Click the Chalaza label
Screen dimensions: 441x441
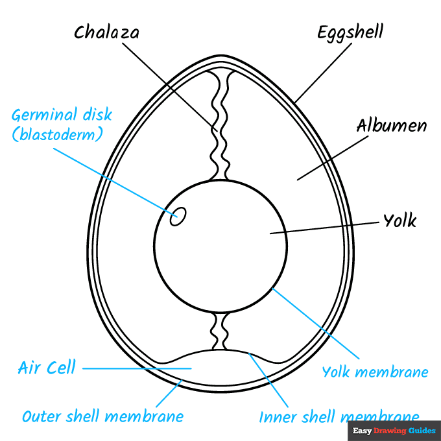[x=106, y=32]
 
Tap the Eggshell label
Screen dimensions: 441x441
[x=350, y=32]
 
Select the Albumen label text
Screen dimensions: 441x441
[x=392, y=125]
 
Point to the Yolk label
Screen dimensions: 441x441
[x=399, y=220]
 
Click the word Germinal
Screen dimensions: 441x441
[x=44, y=115]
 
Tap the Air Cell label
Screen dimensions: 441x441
[x=46, y=368]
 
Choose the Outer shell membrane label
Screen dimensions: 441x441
[x=102, y=416]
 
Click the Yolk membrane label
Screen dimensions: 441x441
[x=375, y=372]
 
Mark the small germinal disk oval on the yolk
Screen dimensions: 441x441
[x=177, y=217]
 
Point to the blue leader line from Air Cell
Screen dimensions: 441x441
[x=136, y=368]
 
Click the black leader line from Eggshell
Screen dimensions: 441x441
[x=324, y=71]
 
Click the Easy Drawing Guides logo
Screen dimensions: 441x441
[x=394, y=430]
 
